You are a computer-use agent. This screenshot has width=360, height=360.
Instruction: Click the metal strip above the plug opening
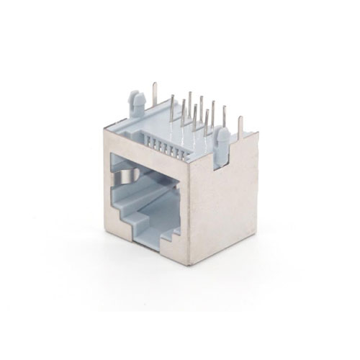148,147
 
